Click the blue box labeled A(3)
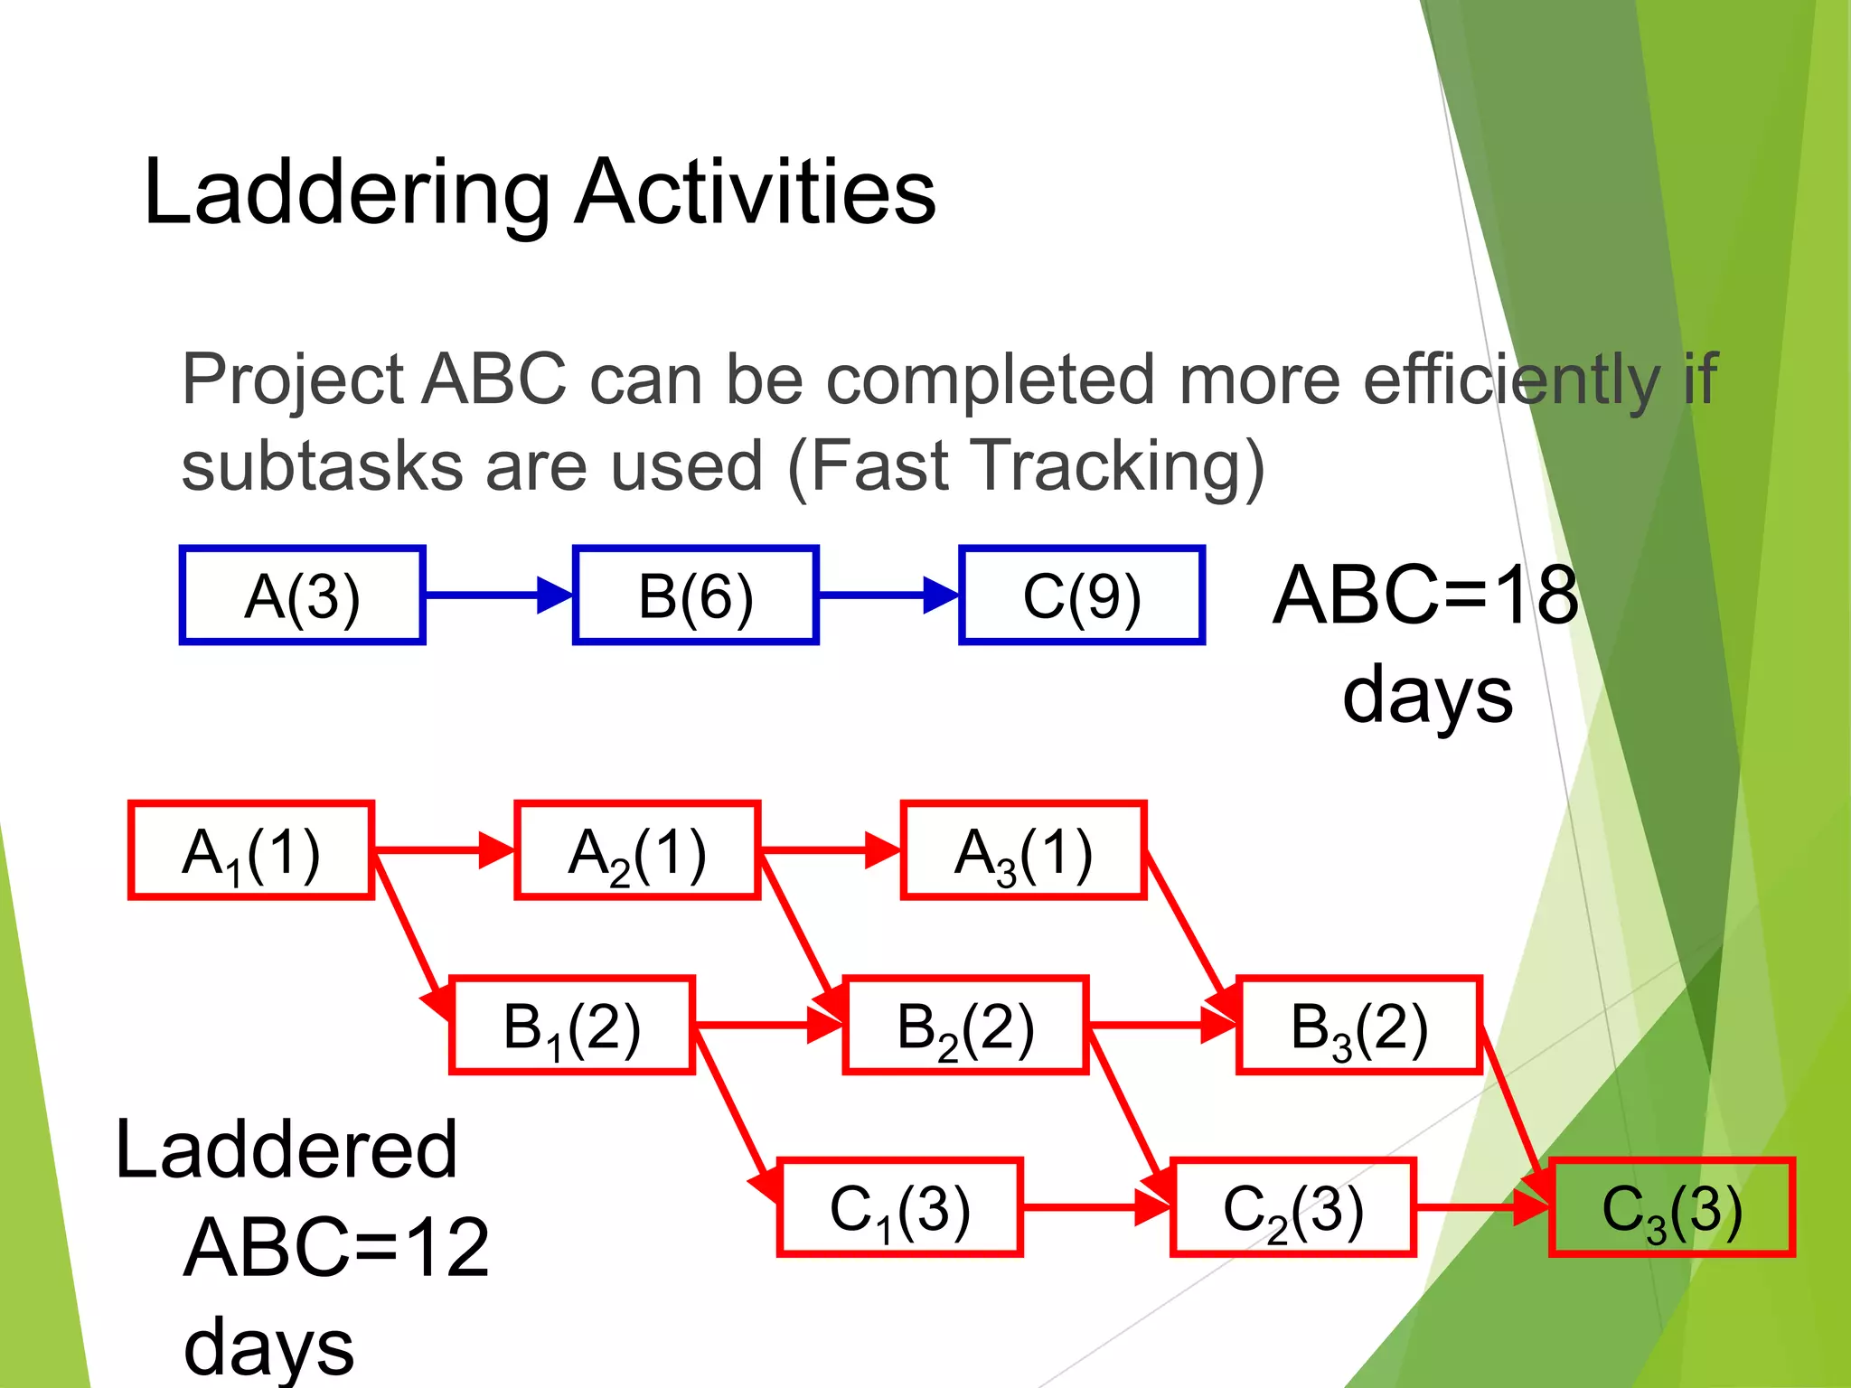pyautogui.click(x=302, y=596)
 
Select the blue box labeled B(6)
pyautogui.click(x=695, y=596)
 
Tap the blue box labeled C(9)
pyautogui.click(x=1081, y=596)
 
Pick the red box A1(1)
pyautogui.click(x=250, y=850)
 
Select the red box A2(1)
pyautogui.click(x=636, y=850)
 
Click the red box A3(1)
pyautogui.click(x=1023, y=850)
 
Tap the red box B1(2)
pyautogui.click(x=571, y=1026)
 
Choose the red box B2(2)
pyautogui.click(x=964, y=1026)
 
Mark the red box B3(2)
pyautogui.click(x=1358, y=1026)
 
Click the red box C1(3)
pyautogui.click(x=899, y=1207)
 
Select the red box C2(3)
pyautogui.click(x=1292, y=1207)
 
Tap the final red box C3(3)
pyautogui.click(x=1671, y=1207)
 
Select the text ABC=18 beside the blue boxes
pyautogui.click(x=1425, y=596)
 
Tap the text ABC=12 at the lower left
pyautogui.click(x=336, y=1247)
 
